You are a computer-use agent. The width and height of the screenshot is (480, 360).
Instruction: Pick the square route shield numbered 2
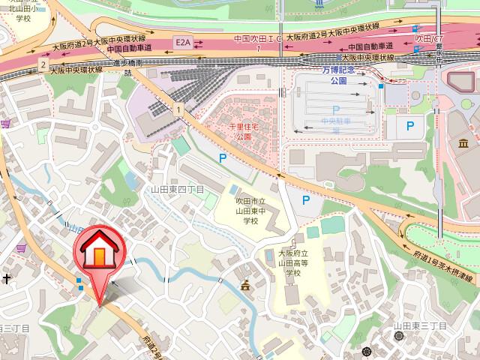click(x=43, y=67)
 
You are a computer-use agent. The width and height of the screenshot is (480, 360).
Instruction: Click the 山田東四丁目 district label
click(x=177, y=190)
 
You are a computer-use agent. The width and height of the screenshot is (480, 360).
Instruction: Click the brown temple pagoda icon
click(x=244, y=285)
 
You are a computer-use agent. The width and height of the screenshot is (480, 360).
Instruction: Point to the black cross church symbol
click(x=7, y=279)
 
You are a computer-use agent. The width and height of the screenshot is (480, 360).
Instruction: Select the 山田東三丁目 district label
click(x=420, y=327)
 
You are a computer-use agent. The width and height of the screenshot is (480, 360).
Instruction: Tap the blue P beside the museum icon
click(x=409, y=127)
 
